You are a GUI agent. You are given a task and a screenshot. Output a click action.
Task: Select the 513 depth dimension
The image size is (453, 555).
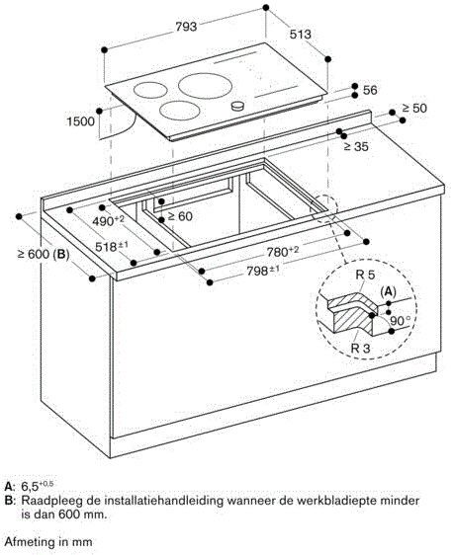coord(301,35)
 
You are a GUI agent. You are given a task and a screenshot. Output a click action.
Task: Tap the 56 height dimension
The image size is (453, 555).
coord(370,90)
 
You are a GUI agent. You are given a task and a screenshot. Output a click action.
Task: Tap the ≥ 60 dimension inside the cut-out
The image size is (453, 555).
coord(178,216)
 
